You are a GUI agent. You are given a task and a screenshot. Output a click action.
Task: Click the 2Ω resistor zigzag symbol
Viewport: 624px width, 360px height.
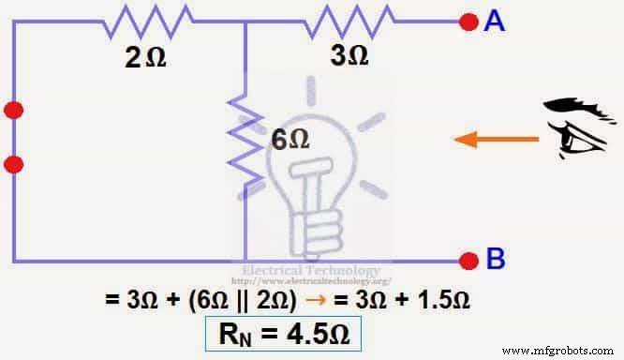150,17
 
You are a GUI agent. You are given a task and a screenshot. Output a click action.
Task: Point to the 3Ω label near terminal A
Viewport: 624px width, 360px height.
349,55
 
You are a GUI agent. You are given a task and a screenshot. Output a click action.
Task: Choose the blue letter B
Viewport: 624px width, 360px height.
495,260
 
